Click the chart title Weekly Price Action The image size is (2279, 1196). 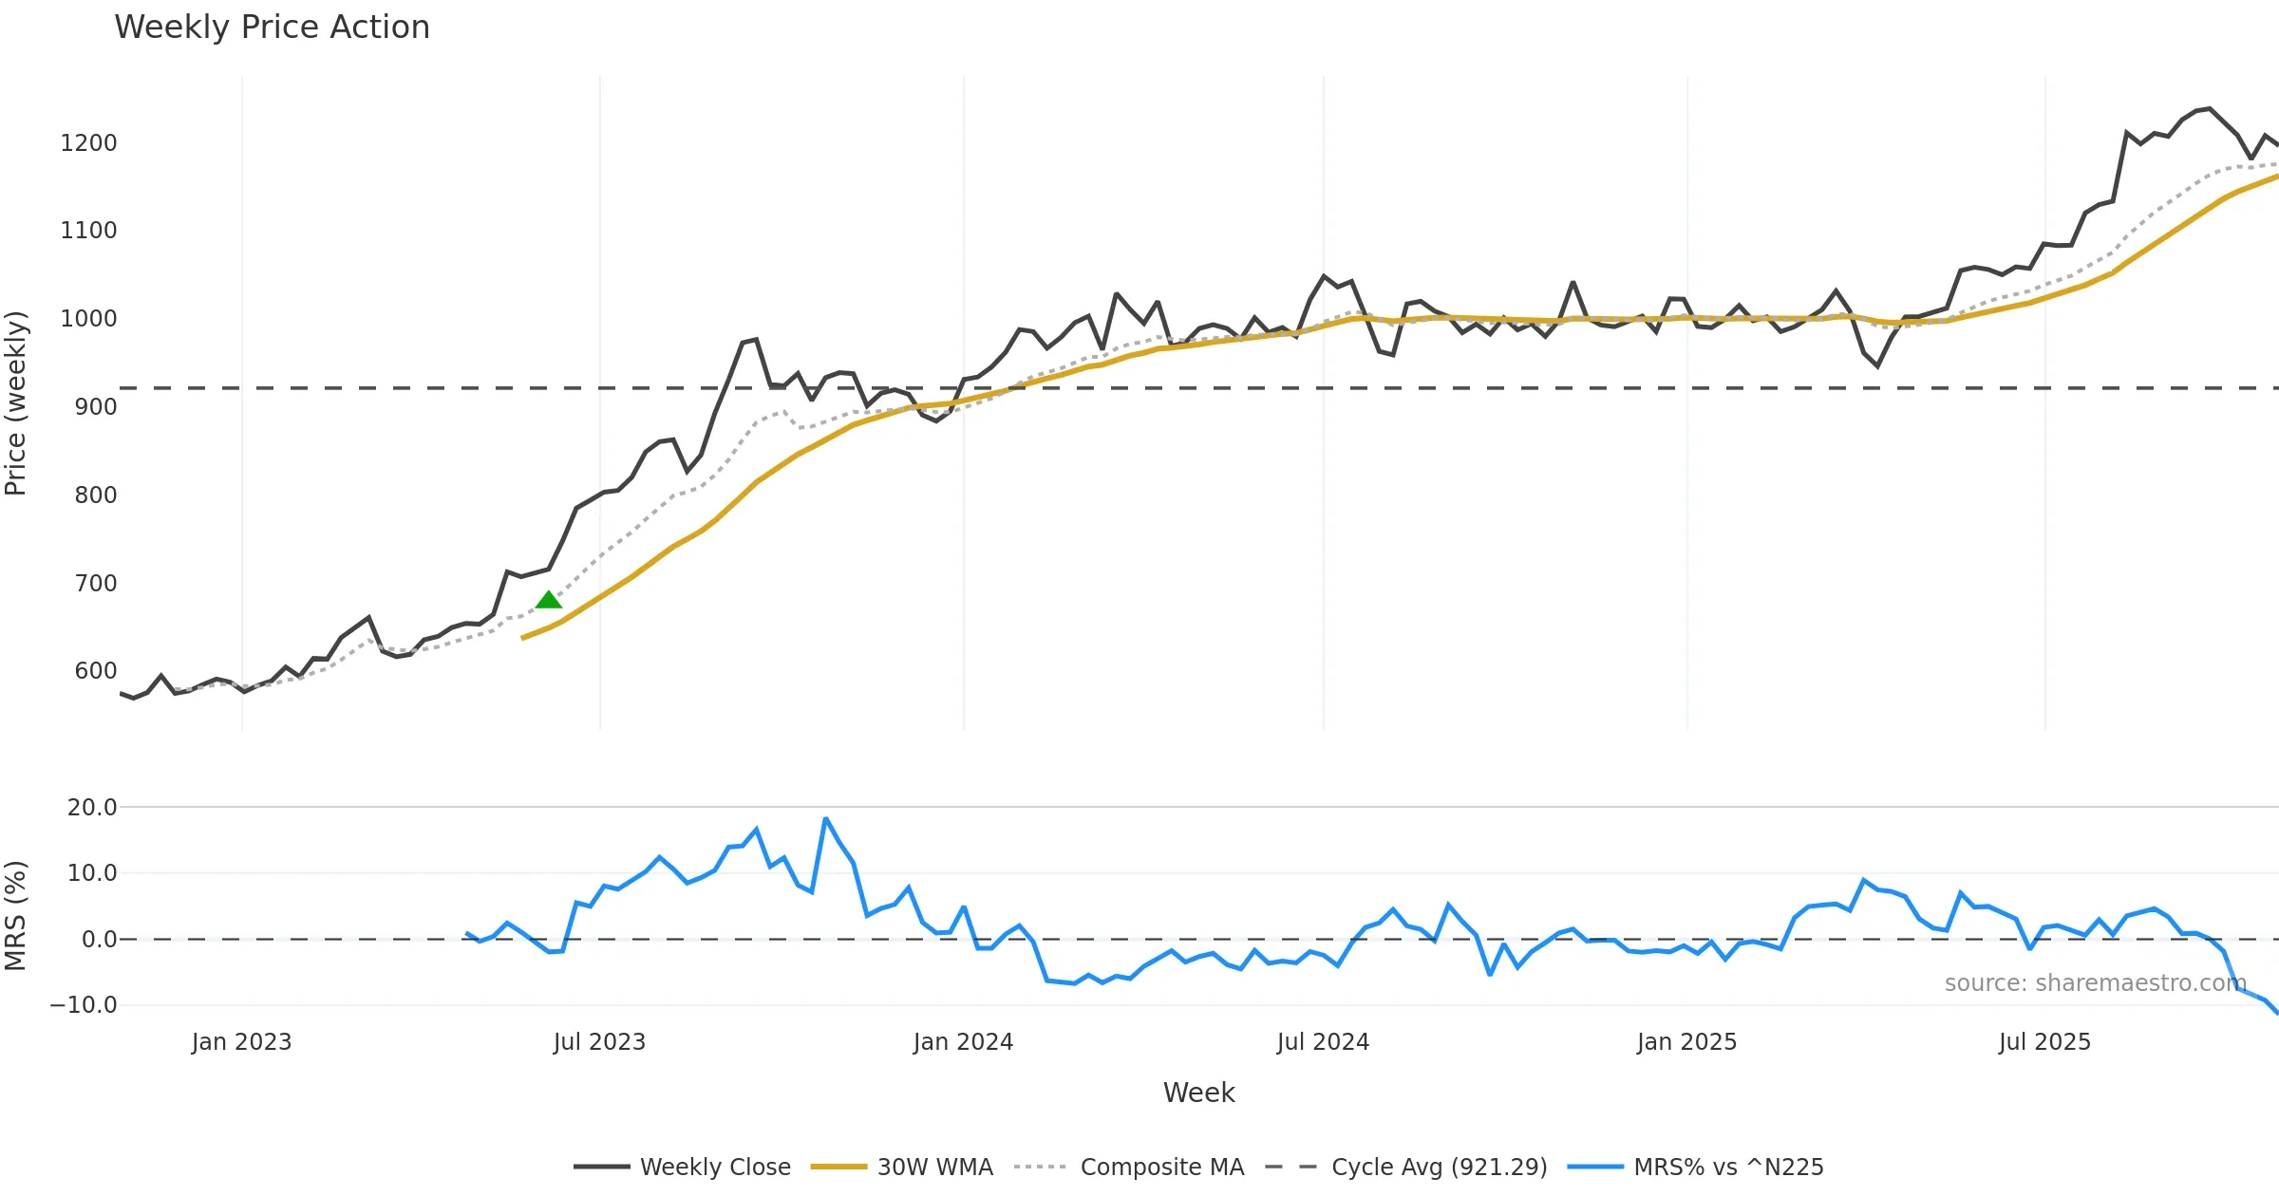(272, 28)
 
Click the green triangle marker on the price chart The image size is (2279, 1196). (549, 600)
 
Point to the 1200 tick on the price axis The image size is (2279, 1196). (88, 143)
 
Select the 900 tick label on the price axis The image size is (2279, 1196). (95, 407)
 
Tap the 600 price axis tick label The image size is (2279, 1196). (95, 671)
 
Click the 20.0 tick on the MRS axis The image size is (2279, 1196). (92, 808)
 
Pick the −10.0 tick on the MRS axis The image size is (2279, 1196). (84, 1005)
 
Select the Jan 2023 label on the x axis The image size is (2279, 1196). (241, 1042)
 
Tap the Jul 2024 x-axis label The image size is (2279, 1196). (1323, 1042)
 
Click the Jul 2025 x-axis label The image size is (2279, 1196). (2044, 1042)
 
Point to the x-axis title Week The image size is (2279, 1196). (1198, 1093)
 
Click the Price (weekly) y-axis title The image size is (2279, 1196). (16, 403)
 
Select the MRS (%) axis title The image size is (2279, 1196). (16, 916)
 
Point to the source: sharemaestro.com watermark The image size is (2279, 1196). (2095, 983)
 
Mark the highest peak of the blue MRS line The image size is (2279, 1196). (826, 818)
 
